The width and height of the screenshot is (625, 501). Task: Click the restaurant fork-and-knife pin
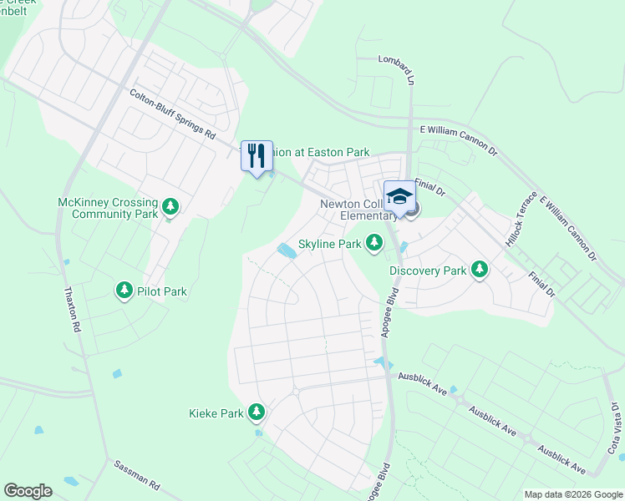pyautogui.click(x=257, y=156)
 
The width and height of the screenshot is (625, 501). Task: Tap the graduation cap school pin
pyautogui.click(x=399, y=198)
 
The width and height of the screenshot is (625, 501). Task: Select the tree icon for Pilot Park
pyautogui.click(x=124, y=291)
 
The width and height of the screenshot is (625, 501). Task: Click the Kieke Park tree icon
pyautogui.click(x=256, y=412)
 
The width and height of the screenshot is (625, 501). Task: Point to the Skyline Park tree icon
pyautogui.click(x=373, y=243)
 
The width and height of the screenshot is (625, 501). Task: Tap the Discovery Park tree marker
pyautogui.click(x=479, y=270)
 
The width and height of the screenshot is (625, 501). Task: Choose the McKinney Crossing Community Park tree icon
pyautogui.click(x=170, y=205)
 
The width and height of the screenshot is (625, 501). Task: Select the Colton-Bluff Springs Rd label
pyautogui.click(x=173, y=115)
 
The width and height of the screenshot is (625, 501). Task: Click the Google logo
pyautogui.click(x=28, y=490)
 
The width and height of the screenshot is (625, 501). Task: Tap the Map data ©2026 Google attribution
pyautogui.click(x=573, y=494)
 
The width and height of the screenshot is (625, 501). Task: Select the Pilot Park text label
pyautogui.click(x=163, y=291)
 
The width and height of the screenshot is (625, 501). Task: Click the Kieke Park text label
pyautogui.click(x=216, y=412)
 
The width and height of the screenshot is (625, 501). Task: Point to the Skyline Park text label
pyautogui.click(x=329, y=244)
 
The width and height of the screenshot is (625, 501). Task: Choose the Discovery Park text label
pyautogui.click(x=428, y=271)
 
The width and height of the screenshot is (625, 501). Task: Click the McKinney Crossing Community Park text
pyautogui.click(x=108, y=208)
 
